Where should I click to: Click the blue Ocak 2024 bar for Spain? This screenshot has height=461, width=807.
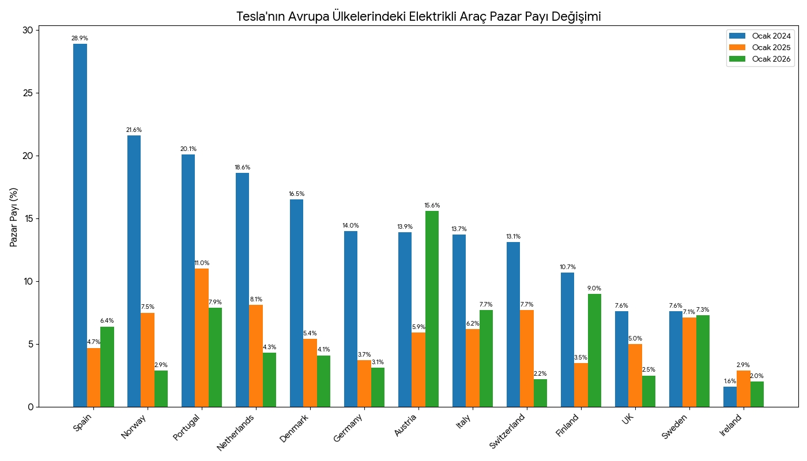[80, 225]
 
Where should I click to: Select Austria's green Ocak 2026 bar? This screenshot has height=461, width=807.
[432, 309]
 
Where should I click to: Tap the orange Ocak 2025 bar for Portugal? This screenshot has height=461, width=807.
[202, 338]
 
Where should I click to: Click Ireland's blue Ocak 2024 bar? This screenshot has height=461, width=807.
[730, 397]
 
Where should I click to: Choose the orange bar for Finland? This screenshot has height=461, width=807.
[581, 385]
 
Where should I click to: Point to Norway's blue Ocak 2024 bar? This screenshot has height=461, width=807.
[134, 271]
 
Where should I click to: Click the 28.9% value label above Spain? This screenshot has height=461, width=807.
[80, 38]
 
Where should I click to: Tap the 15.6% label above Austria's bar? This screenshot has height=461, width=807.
[432, 205]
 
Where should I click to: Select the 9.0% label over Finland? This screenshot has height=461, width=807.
[594, 288]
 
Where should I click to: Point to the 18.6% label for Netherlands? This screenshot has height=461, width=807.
[242, 167]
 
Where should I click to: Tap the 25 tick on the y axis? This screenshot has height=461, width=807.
[29, 93]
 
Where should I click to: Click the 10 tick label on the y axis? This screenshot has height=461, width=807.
[29, 281]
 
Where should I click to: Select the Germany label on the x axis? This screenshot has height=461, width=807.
[348, 428]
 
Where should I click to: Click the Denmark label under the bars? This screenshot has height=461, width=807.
[293, 428]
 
